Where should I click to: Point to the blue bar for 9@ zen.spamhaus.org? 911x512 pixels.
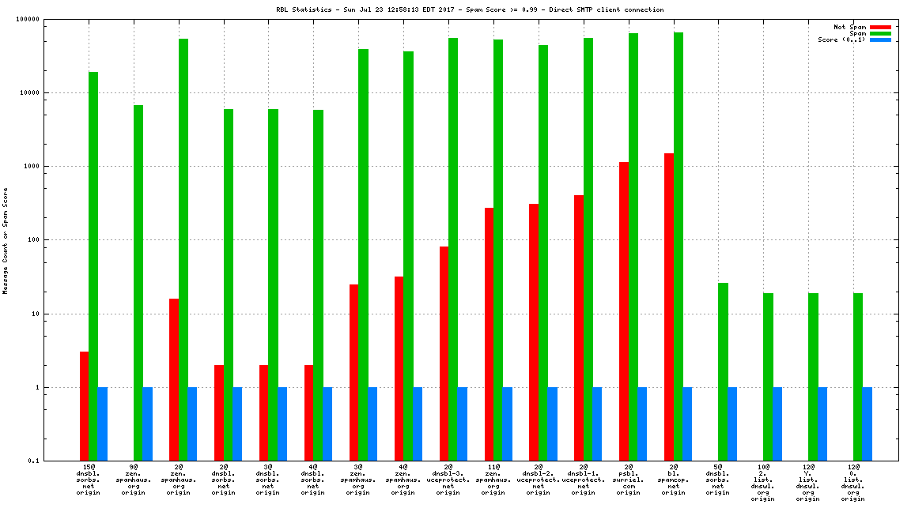click(148, 424)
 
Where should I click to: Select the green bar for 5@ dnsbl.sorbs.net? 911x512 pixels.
click(724, 371)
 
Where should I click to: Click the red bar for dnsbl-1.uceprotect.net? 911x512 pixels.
click(579, 328)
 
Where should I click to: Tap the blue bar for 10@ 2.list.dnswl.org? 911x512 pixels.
click(777, 424)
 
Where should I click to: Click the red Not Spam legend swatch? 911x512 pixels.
click(880, 27)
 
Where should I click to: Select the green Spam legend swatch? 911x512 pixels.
click(880, 33)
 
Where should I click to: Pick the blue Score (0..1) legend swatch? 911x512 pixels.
click(880, 40)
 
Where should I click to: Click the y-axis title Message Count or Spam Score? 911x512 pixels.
click(6, 240)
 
